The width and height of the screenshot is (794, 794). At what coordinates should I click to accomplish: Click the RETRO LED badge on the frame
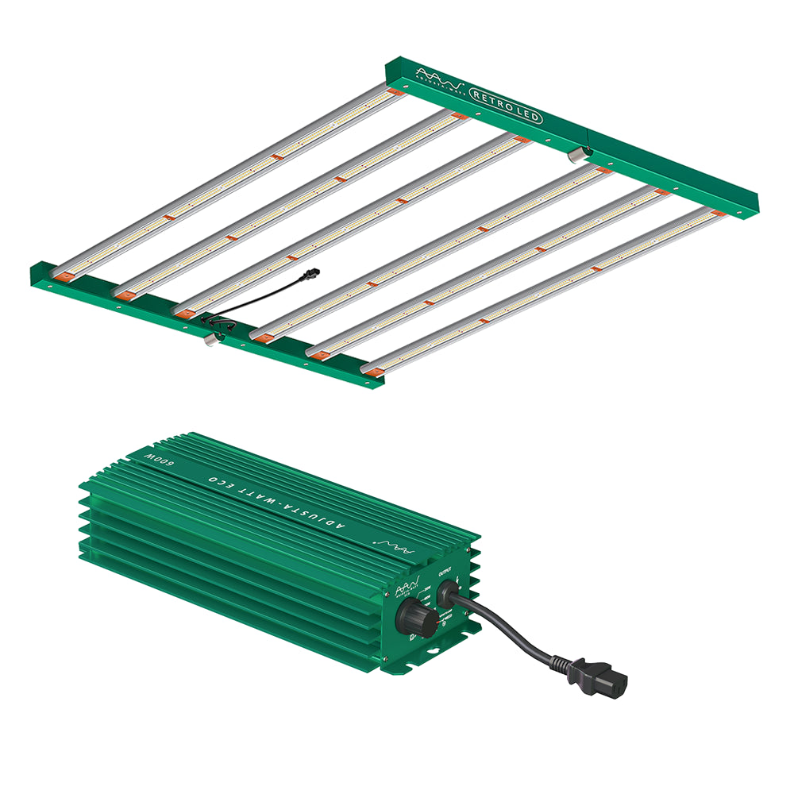(506, 106)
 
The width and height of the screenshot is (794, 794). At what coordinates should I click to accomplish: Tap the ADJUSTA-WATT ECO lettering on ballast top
(278, 499)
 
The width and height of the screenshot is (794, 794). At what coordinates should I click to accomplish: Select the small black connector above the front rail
(311, 272)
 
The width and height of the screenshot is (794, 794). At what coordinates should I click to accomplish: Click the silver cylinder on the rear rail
(576, 152)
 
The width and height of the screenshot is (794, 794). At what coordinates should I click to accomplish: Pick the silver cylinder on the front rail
(210, 340)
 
